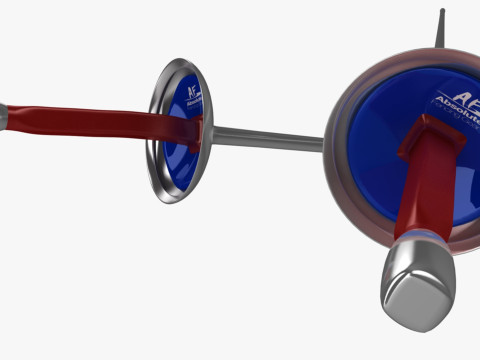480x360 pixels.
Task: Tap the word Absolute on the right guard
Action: pyautogui.click(x=459, y=109)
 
